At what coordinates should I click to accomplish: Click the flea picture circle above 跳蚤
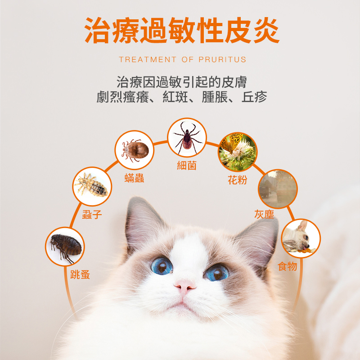pos(65,246)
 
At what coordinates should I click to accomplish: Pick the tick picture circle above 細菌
pos(187,137)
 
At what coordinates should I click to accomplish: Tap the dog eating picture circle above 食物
pos(301,238)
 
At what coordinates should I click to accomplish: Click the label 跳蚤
pos(80,274)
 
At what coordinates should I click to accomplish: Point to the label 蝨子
pos(92,215)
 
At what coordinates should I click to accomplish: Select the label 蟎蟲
pos(134,178)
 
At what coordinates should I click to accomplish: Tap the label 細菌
pos(187,166)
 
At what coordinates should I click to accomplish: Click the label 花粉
pos(238,180)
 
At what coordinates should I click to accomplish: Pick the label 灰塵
pos(264,214)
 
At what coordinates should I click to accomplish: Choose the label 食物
pos(288,266)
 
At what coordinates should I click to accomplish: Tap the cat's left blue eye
pos(161,265)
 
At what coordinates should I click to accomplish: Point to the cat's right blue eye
pos(217,272)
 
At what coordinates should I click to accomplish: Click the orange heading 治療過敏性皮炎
pos(182,31)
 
